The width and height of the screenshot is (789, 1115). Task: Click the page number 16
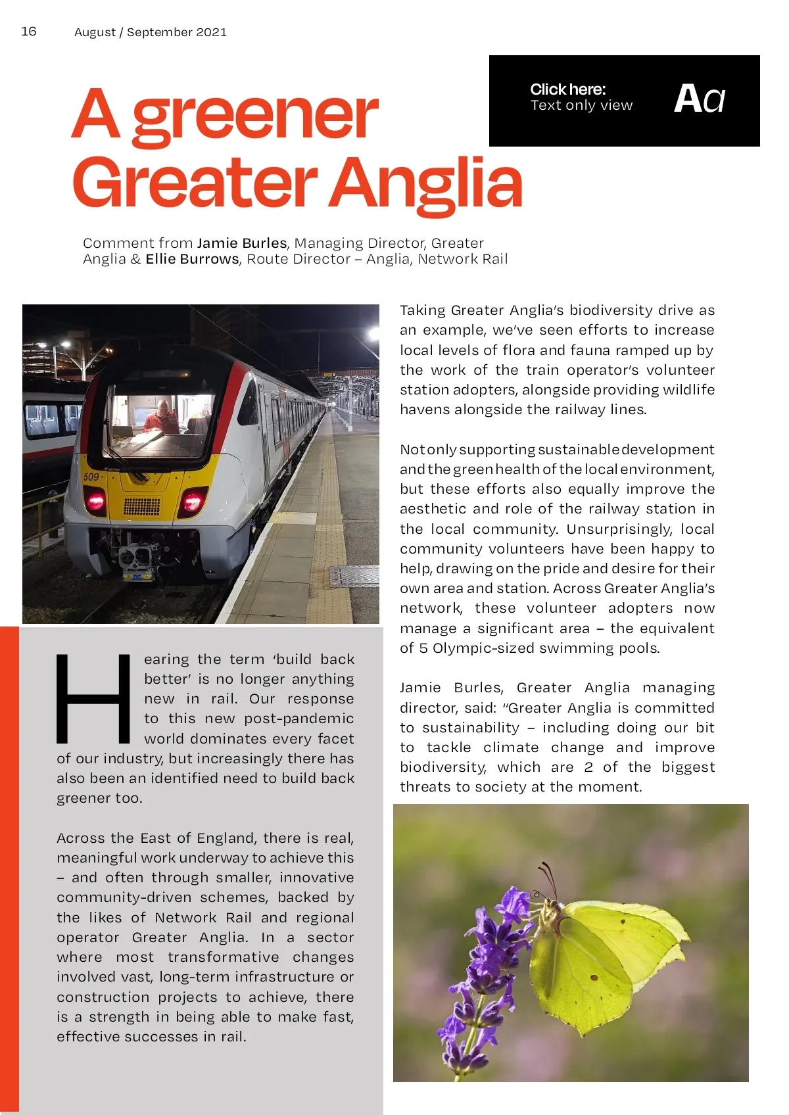[x=29, y=31]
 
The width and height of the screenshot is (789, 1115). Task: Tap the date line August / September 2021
[x=150, y=32]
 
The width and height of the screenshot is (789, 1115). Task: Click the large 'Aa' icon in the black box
[x=699, y=99]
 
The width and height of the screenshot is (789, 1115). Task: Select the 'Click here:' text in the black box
[x=567, y=89]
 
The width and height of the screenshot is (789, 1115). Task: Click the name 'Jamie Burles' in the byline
[x=241, y=243]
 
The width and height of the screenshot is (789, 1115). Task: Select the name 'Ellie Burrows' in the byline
[x=192, y=259]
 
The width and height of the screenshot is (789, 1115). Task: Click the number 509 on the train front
[x=91, y=477]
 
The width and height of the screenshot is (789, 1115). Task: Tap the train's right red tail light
[x=192, y=503]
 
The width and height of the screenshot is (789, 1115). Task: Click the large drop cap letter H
[x=93, y=698]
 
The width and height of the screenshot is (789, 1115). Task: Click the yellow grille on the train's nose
[x=141, y=506]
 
